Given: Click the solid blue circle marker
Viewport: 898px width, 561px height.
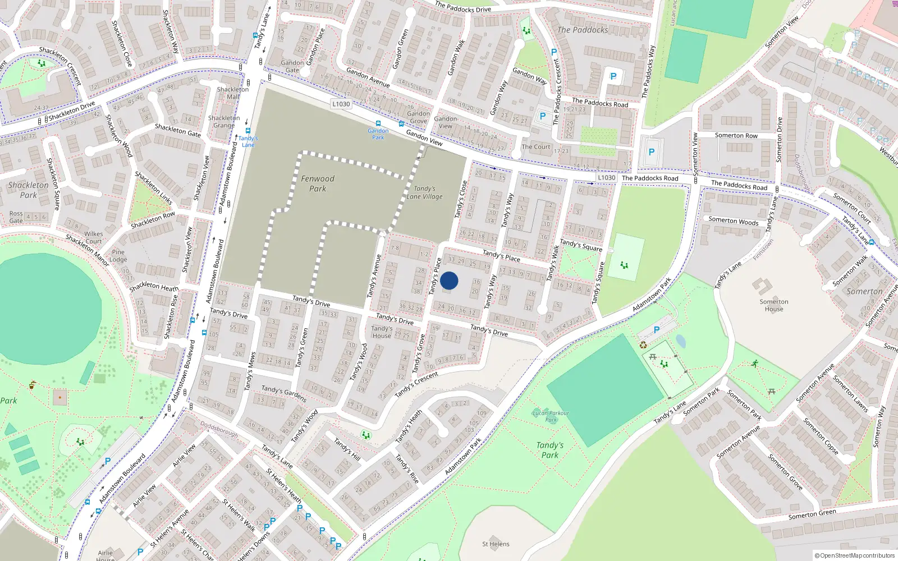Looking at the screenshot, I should coord(449,280).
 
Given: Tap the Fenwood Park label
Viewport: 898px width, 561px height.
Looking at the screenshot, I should coord(318,183).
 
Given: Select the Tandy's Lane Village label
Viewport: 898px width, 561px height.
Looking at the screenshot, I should coord(424,192).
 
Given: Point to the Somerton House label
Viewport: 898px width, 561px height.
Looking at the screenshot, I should coord(774,305).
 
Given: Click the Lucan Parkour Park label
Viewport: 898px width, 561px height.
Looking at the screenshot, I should coord(551,416).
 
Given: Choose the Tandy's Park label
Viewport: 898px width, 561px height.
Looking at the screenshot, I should coord(550,450).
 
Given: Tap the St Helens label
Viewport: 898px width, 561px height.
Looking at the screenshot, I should coord(496,544).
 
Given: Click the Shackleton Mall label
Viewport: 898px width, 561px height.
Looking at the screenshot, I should coord(233,93).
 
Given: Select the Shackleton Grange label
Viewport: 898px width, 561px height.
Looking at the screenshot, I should coord(224,121).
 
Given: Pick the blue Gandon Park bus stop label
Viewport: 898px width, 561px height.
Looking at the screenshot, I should coord(378,134).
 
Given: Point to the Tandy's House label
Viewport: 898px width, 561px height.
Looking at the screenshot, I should coord(382,332).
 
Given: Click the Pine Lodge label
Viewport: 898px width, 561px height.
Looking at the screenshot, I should coord(118,256).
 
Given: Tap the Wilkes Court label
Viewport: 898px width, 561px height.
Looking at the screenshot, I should coord(94,237).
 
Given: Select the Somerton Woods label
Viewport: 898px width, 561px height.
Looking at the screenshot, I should coord(733,221).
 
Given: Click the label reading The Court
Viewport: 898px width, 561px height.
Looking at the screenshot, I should coord(536,147).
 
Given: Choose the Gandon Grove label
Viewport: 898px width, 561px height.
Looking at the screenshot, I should coord(419,117).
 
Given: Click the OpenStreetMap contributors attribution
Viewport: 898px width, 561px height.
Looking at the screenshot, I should coord(855,555).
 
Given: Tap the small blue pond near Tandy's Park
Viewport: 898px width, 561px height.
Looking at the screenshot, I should coord(681,341).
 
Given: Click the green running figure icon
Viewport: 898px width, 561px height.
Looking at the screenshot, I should coord(755,363).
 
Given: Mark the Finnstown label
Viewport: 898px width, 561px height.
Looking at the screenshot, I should coord(763,250).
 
